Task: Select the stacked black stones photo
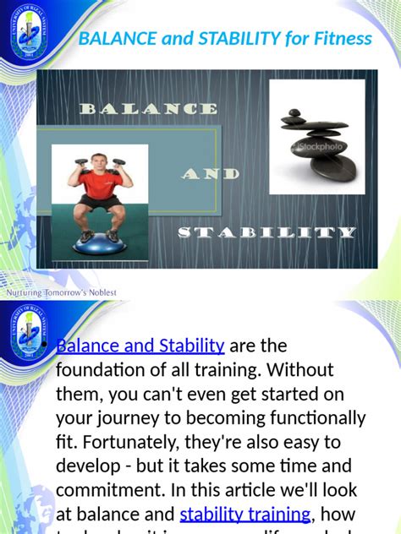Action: coord(317,136)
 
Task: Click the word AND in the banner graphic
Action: coord(211,174)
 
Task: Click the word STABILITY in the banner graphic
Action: coord(266,232)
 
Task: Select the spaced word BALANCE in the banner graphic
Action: coord(148,109)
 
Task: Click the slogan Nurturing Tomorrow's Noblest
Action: coord(62,292)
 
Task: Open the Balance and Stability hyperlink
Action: coord(140,346)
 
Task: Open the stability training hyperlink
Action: coord(245,514)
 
